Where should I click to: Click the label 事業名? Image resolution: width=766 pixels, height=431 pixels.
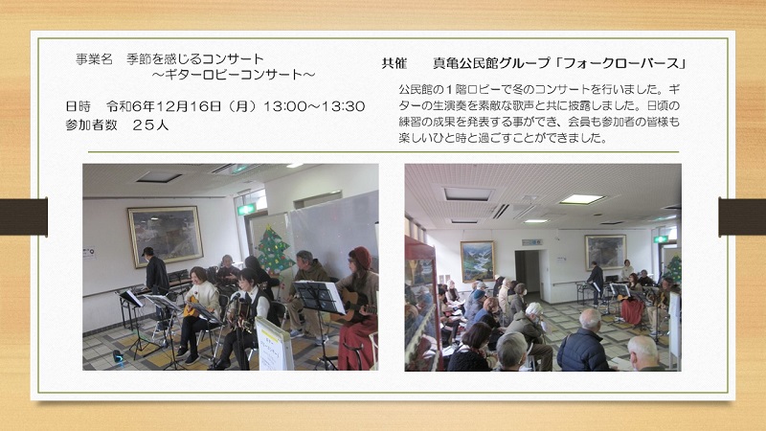tap(94, 59)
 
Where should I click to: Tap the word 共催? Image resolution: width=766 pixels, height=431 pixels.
tap(394, 63)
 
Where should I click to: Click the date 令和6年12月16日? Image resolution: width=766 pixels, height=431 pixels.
tap(164, 106)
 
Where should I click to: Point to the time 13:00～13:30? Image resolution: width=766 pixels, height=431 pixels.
tap(314, 106)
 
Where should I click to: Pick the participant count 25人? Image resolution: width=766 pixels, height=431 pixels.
tap(150, 125)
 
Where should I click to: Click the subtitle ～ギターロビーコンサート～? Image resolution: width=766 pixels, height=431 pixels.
tap(233, 75)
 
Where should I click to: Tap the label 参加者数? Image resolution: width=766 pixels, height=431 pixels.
tap(91, 125)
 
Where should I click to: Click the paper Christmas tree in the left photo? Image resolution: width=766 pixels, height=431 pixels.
tap(275, 249)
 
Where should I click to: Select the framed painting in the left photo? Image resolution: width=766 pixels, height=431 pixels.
tap(166, 237)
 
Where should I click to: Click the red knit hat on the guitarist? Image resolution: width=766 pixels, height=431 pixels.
tap(361, 257)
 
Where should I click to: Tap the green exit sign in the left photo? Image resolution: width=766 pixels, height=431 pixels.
tap(246, 209)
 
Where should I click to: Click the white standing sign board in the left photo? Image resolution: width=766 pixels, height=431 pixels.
tap(275, 344)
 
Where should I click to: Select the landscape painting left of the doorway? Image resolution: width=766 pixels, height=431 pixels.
tap(477, 261)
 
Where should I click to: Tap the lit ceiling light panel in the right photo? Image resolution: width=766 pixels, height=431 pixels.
tap(581, 199)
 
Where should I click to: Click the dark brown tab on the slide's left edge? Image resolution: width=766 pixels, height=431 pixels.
tap(23, 217)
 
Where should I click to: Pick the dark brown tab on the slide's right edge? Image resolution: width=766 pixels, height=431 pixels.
tap(742, 217)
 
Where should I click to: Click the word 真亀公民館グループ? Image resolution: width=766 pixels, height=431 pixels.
tap(491, 63)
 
